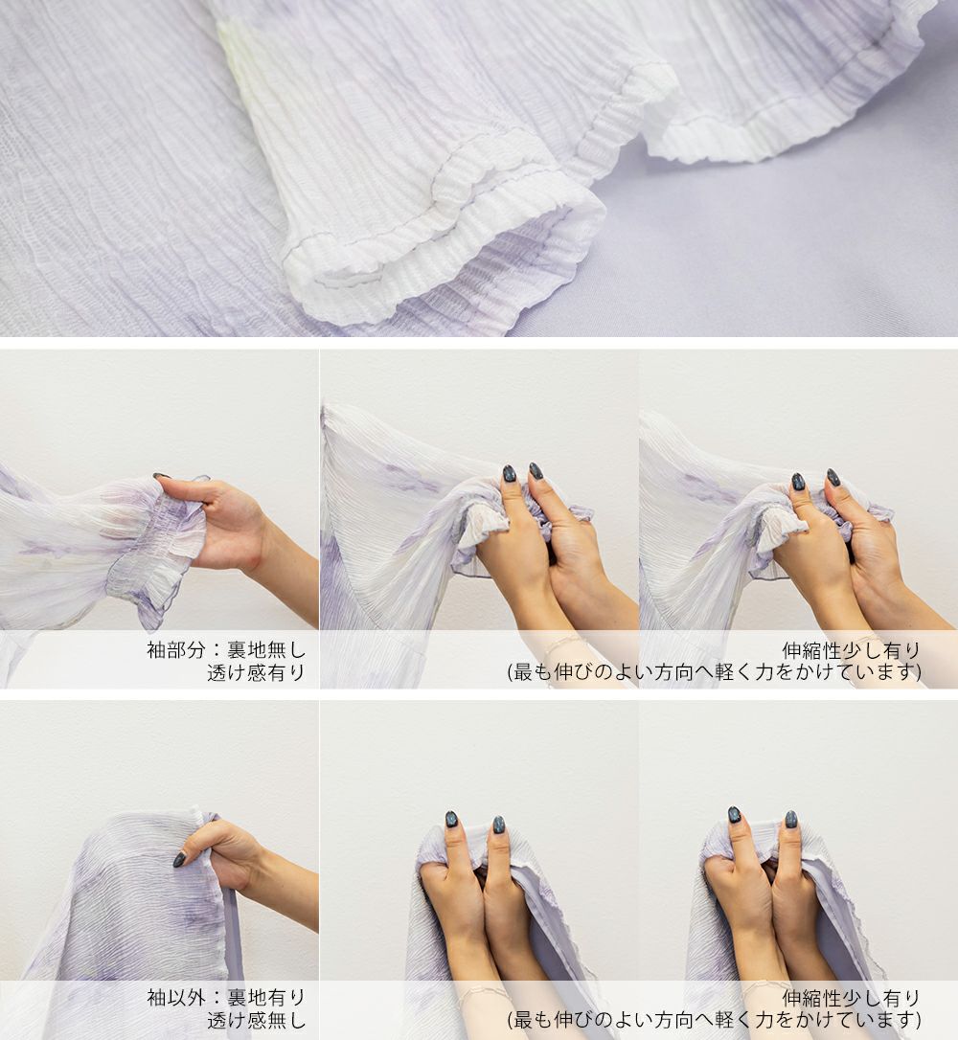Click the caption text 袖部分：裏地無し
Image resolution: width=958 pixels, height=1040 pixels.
coord(226,649)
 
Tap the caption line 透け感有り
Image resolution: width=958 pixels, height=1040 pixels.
coord(256,672)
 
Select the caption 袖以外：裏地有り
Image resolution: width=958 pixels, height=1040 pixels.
coord(226,998)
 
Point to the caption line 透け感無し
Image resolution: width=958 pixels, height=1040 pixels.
coord(256,1020)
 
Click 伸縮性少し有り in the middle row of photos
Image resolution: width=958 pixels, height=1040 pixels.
coord(852,650)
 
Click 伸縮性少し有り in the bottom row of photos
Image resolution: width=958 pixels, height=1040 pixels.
coord(852,998)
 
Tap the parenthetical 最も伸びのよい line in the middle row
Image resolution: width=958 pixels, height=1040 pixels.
coord(715,672)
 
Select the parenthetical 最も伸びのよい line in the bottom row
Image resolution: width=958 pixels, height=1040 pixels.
coord(715,1020)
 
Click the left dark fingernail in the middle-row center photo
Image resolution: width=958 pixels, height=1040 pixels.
coord(509,474)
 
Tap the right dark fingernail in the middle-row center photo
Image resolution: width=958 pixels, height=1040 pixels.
coord(536,471)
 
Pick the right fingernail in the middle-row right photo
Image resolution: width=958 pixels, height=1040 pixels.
coord(833,477)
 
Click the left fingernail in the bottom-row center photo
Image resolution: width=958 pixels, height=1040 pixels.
coord(452,819)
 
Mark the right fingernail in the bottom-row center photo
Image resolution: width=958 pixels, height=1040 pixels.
coord(498,825)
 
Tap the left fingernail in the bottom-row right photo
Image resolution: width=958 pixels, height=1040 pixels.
coord(734,815)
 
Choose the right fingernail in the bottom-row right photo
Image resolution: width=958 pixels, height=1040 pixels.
coord(791,820)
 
